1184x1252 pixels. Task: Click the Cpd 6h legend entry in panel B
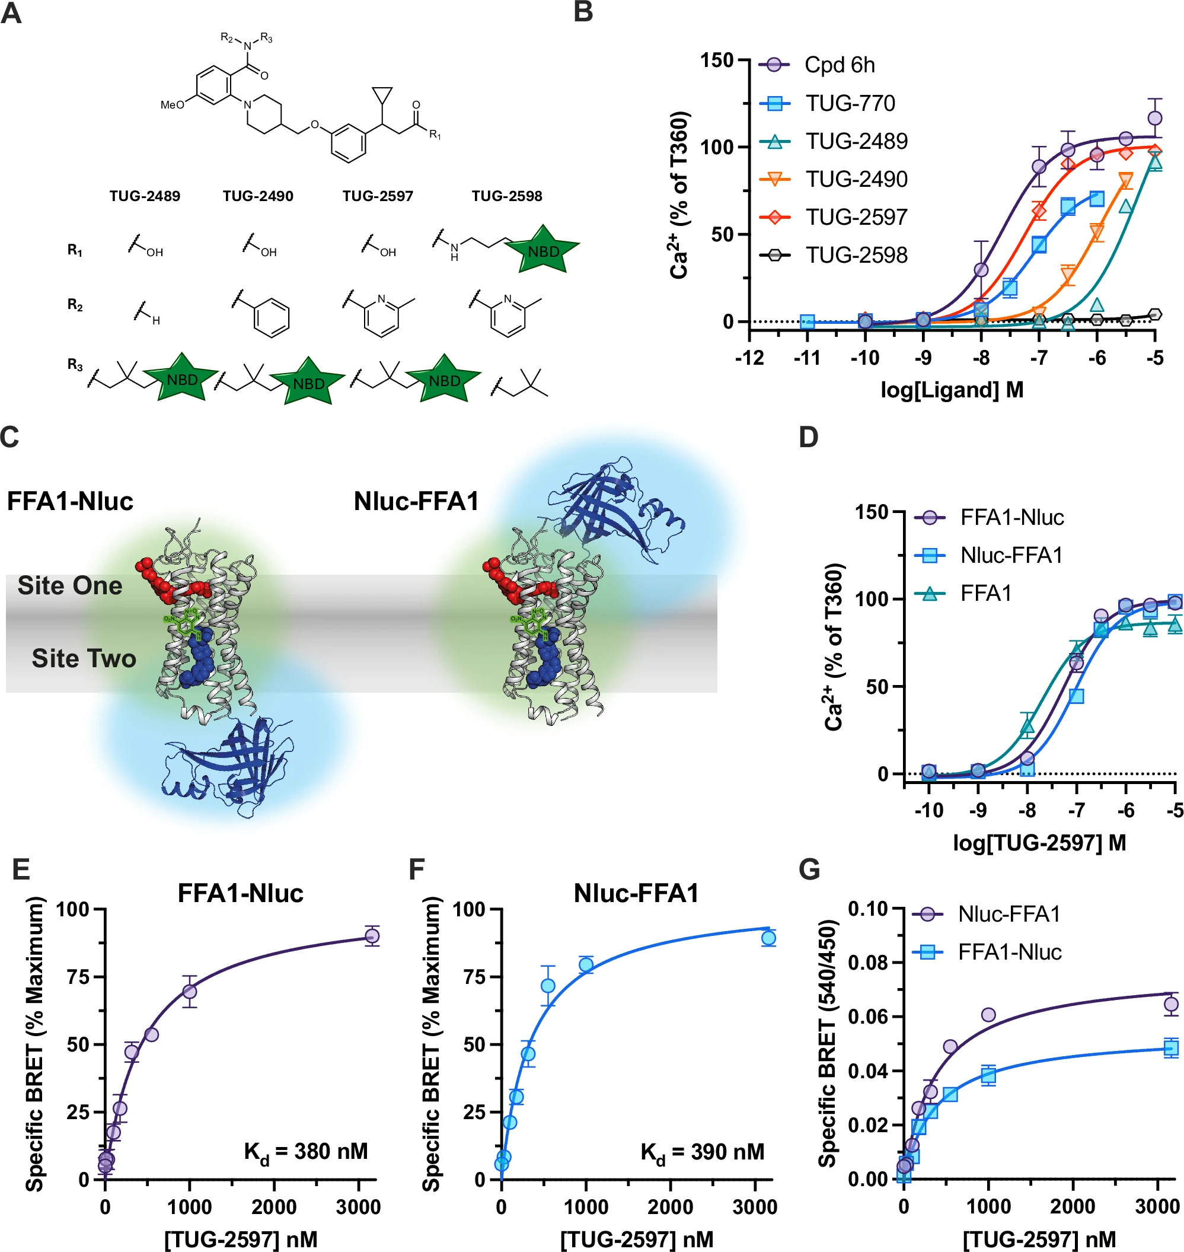839,65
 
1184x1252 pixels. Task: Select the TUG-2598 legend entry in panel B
856,255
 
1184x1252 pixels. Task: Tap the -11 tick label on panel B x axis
806,358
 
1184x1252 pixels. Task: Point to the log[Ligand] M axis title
952,390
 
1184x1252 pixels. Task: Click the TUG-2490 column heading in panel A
257,196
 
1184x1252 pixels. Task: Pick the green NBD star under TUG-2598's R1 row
542,251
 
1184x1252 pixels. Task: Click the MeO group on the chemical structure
172,105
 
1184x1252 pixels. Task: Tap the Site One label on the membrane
69,585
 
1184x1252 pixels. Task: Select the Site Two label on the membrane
84,658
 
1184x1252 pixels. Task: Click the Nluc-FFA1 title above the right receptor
416,501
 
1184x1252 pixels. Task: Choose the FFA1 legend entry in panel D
985,594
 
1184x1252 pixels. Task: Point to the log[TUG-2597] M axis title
1039,842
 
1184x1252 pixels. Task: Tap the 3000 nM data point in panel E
372,936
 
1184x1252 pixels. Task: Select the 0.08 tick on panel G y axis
868,963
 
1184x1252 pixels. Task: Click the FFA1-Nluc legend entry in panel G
1009,952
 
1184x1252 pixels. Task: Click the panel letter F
417,869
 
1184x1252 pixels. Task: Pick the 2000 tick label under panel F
670,1207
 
